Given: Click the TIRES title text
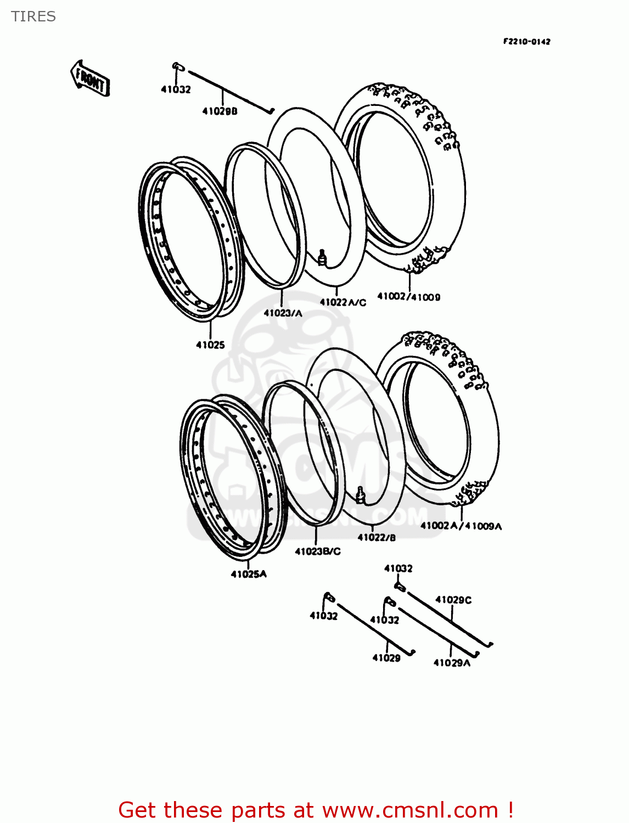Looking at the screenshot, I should pos(33,16).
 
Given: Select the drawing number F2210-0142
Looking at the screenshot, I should pos(526,42).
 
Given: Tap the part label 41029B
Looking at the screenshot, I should pos(220,111).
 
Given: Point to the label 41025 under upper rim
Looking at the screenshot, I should pos(210,345).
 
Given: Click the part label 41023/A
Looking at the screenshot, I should pos(283,313).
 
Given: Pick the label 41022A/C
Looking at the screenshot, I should pos(342,302).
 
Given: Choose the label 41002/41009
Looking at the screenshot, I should pos(408,297).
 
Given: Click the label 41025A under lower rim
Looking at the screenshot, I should pos(249,574).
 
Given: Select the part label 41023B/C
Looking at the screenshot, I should pos(317,551).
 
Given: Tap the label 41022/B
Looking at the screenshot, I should pos(377,538).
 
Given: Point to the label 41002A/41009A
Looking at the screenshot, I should pos(461,526).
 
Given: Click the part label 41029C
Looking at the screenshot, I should pos(453,600).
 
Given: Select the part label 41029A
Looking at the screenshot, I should pos(452,663).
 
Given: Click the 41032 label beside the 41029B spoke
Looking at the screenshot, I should pos(176,89).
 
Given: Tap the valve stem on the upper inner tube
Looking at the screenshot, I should pos(322,257).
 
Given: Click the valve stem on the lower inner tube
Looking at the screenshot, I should pos(360,495).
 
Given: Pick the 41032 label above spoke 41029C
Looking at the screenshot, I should pos(398,568).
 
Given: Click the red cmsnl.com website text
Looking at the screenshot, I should pos(316,810).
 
